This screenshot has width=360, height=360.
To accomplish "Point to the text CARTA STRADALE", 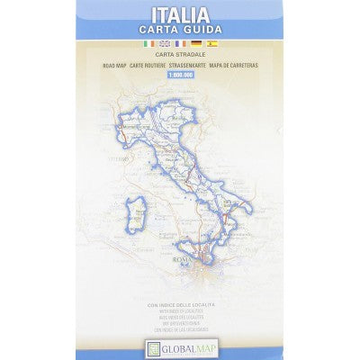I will pos(179,57).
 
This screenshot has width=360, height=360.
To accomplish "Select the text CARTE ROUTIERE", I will pos(152,66).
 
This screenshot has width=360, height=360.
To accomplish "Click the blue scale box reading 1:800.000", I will pos(179,75).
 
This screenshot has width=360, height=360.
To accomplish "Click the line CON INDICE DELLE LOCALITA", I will pos(179,306).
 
